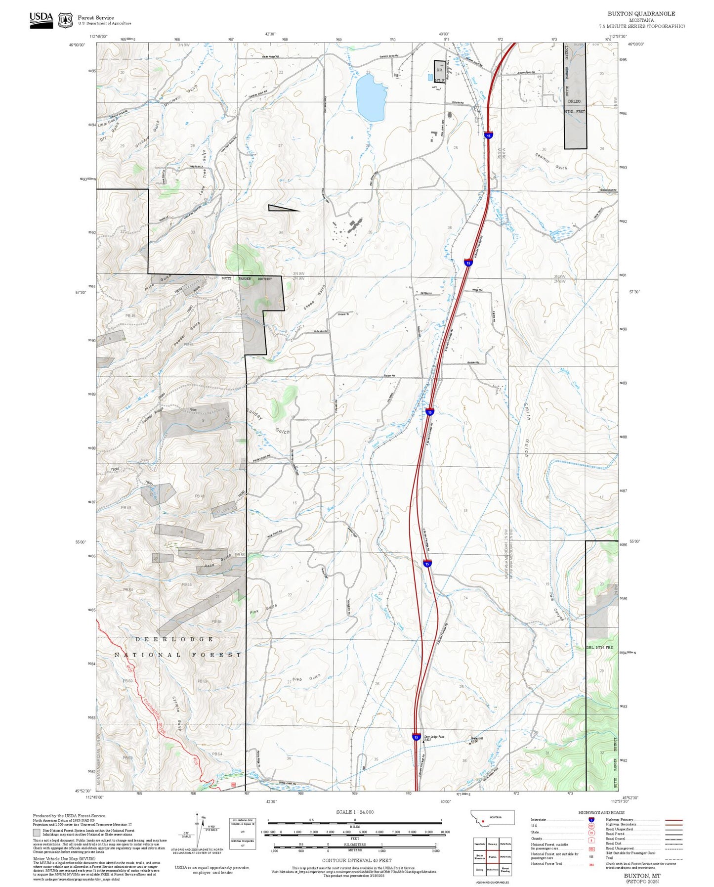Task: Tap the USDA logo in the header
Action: [41, 18]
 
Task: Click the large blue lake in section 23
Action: [371, 99]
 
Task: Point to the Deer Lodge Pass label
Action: [434, 737]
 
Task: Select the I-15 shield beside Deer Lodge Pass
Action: [416, 737]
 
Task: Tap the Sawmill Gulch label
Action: [551, 161]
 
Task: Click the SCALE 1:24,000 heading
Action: [354, 812]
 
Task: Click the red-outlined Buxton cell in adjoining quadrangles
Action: [492, 857]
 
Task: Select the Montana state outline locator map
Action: [492, 817]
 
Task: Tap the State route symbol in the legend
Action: [591, 832]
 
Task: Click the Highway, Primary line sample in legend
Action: [674, 820]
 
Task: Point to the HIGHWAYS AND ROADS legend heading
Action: [601, 812]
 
